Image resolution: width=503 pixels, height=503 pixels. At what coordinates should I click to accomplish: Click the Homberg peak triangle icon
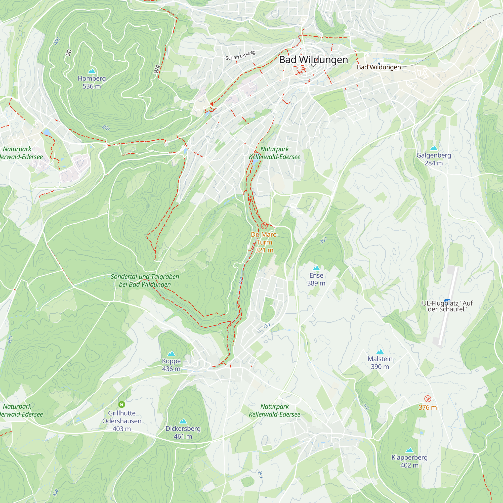92,71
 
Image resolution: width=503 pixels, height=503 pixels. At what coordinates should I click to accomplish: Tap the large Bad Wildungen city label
313,60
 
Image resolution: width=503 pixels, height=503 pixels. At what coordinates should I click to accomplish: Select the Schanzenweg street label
240,55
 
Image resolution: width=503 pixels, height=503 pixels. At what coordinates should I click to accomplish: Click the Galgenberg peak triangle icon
434,148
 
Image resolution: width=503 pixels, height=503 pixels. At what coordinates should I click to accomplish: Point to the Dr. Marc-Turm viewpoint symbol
264,225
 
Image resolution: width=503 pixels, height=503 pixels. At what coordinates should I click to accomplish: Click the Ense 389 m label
316,279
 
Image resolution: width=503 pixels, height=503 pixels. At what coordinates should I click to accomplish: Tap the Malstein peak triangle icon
380,352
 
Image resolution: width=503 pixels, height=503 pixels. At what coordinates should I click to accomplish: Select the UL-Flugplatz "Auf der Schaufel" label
447,306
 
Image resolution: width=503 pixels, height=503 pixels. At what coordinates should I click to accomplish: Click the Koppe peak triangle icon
171,354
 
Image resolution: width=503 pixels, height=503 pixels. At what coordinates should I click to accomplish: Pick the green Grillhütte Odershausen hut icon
121,404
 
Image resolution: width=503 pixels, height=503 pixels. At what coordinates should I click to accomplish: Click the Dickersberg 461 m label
183,432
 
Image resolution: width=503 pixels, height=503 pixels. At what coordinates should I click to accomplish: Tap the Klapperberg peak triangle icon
409,450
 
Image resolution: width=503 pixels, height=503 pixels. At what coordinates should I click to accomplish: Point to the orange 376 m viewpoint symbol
428,399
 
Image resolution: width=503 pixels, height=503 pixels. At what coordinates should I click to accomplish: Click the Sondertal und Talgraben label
145,280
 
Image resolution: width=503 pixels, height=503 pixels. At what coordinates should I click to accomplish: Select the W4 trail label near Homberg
157,69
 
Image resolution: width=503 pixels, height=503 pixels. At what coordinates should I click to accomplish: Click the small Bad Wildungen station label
379,67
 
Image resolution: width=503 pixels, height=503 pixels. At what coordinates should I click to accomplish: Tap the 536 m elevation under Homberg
92,86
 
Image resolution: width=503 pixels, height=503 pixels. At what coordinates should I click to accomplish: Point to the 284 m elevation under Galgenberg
434,163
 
